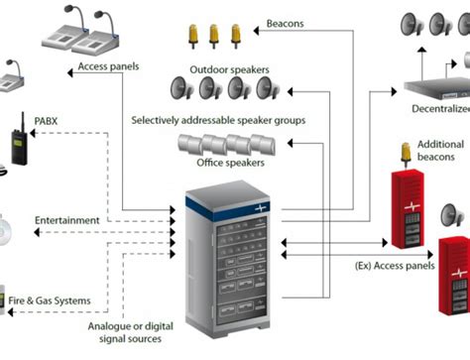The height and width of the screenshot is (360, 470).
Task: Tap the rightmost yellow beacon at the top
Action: [x=235, y=36]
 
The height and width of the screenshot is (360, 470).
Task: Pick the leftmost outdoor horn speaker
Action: [x=181, y=91]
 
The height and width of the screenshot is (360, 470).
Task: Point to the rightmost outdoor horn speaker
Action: [x=265, y=91]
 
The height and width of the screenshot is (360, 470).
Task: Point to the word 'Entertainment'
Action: [x=67, y=219]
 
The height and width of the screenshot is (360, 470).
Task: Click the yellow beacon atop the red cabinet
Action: [x=406, y=154]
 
